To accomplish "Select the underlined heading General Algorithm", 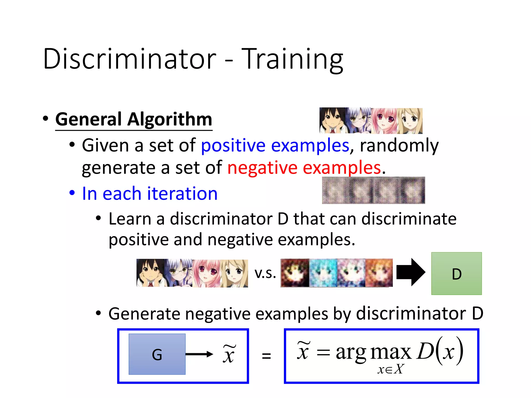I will click(x=134, y=119).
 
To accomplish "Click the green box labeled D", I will click(x=456, y=273).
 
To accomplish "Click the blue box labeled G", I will click(x=157, y=354).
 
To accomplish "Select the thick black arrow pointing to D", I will click(x=410, y=272).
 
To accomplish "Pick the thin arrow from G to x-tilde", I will click(x=199, y=354).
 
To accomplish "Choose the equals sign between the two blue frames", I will click(x=266, y=356).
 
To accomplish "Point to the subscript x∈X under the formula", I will click(x=390, y=369).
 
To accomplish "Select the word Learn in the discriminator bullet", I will click(x=130, y=219).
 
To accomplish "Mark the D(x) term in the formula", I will click(x=439, y=351).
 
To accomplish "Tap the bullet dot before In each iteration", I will click(x=72, y=193).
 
